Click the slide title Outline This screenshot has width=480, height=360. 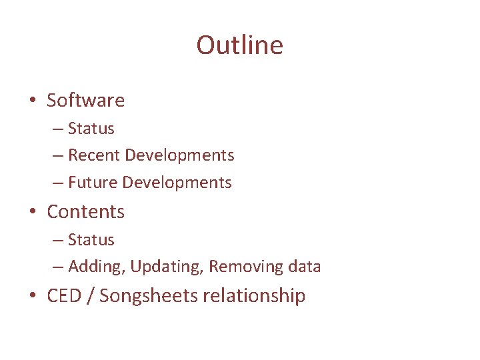coord(239,45)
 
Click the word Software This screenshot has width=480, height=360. coord(85,101)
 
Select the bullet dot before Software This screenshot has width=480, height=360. coord(31,101)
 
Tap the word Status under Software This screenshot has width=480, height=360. coord(91,129)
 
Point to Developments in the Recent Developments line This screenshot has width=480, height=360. coord(179,155)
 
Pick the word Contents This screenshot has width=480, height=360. coord(85,212)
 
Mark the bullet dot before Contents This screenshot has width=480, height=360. coord(31,213)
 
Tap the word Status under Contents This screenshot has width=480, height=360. coord(91,240)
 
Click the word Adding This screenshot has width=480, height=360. coord(97,267)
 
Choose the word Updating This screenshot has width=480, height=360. coord(167,267)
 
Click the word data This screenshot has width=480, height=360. coord(304,267)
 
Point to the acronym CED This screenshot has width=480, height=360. coord(69,296)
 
